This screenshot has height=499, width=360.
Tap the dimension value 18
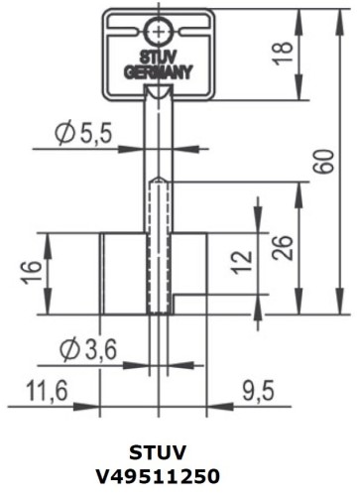tap(288, 57)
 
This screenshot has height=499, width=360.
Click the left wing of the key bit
tap(123, 273)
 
